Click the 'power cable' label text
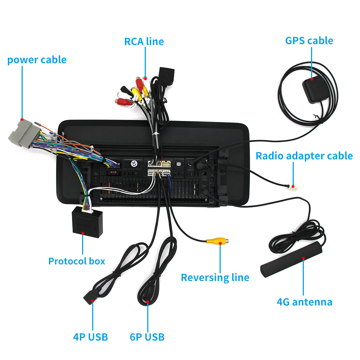coord(37,59)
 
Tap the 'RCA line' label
coord(144,41)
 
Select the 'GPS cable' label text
coord(309,40)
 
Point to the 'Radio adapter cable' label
coord(304,156)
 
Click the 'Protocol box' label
coord(77,261)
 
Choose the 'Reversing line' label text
coord(215,278)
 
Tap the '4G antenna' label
coord(304,302)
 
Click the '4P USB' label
coord(90,337)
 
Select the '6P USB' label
coord(147,337)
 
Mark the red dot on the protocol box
coord(82,233)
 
